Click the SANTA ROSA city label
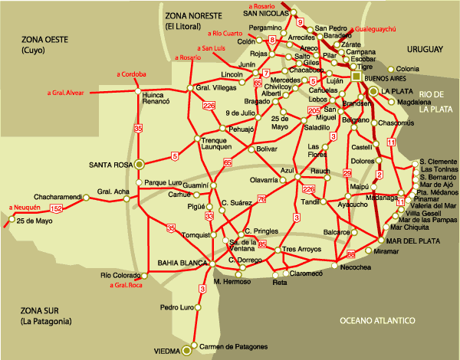pos(111,164)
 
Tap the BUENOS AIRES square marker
pos(356,77)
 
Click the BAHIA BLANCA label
pos(183,263)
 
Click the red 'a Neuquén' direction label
pos(25,208)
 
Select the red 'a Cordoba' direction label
pos(131,74)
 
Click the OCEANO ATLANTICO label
pos(379,320)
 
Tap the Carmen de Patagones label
pos(234,347)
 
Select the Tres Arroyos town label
pos(300,250)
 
